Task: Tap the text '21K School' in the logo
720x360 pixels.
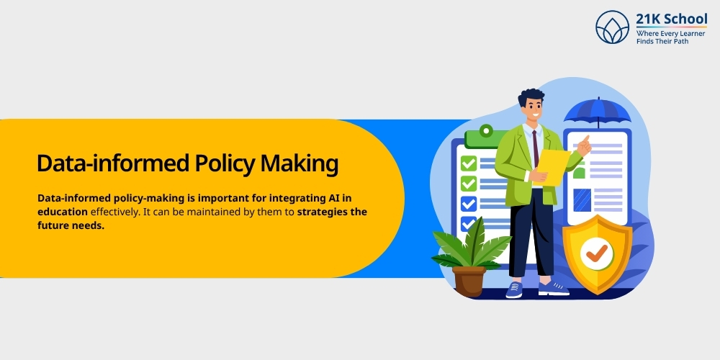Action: coord(671,19)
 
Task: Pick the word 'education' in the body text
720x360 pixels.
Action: coord(63,212)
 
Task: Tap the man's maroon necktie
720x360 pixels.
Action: coord(536,148)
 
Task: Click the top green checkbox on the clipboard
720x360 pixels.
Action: coord(469,163)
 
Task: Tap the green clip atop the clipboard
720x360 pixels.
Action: coord(487,134)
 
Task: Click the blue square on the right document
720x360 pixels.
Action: coord(581,198)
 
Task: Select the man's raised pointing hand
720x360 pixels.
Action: coord(584,145)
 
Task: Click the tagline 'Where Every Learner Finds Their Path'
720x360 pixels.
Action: coord(671,37)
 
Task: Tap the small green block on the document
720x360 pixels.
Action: coord(578,173)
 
